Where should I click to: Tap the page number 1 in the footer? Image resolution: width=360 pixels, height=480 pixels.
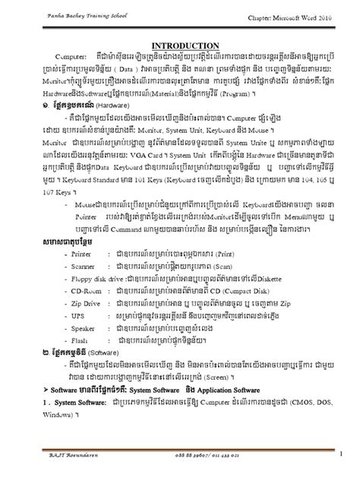(x=341, y=454)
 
